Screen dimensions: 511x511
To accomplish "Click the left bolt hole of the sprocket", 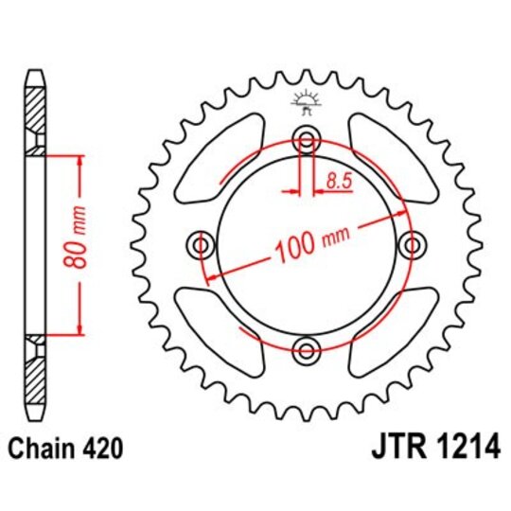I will (201, 246).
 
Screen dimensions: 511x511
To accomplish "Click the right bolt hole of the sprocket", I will (411, 246).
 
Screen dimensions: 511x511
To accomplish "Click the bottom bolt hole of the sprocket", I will (306, 351).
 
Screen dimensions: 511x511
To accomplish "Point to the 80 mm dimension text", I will (80, 243).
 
